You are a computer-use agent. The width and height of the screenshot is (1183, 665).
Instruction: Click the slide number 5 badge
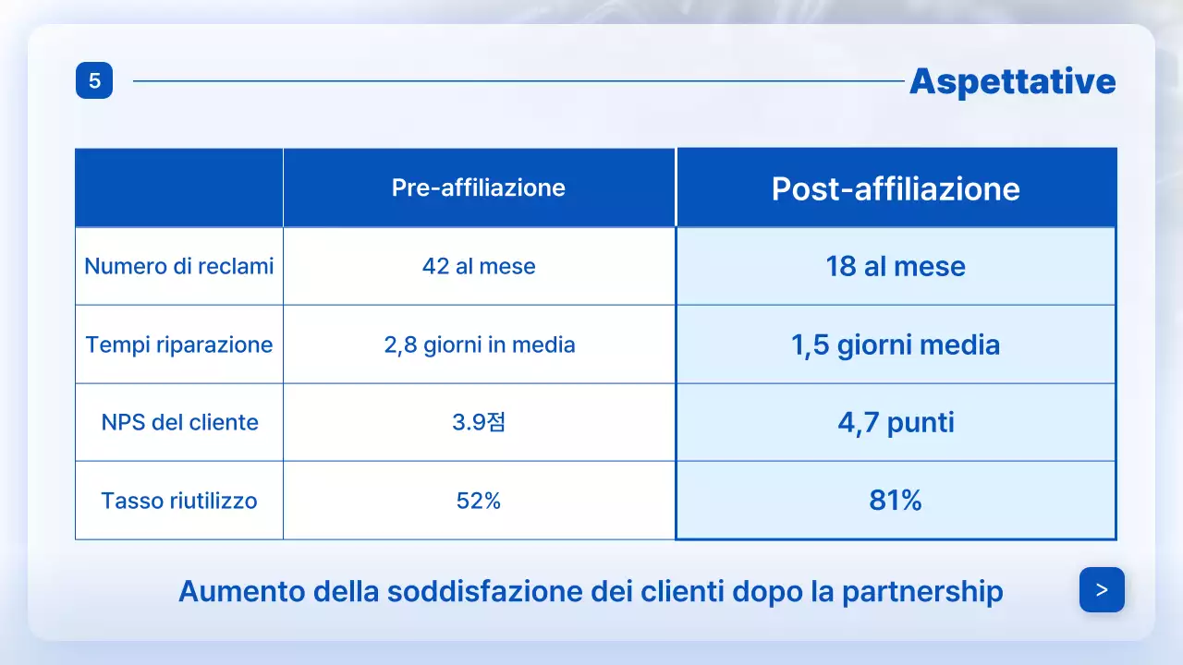pyautogui.click(x=94, y=81)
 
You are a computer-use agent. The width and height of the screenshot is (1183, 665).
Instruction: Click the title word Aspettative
pyautogui.click(x=1012, y=82)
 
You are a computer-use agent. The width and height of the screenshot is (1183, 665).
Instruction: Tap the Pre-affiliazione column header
pyautogui.click(x=478, y=187)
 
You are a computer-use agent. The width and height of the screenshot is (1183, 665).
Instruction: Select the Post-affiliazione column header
pyautogui.click(x=896, y=188)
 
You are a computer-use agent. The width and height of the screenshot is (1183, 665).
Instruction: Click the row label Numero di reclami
pyautogui.click(x=179, y=267)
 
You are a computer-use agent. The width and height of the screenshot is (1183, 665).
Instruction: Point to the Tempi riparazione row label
pyautogui.click(x=179, y=345)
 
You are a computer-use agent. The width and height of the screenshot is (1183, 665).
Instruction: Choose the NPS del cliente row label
pyautogui.click(x=179, y=423)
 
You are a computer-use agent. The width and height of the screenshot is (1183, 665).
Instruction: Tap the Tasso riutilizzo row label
pyautogui.click(x=179, y=502)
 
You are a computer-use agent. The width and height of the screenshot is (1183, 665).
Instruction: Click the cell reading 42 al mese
pyautogui.click(x=479, y=267)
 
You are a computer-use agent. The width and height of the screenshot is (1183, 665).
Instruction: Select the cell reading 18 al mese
pyautogui.click(x=896, y=267)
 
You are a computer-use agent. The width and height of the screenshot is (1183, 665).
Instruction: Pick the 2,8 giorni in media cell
pyautogui.click(x=479, y=345)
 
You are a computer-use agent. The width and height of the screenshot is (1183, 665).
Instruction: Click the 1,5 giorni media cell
pyautogui.click(x=896, y=345)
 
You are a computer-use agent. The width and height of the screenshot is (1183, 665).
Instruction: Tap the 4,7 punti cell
pyautogui.click(x=896, y=423)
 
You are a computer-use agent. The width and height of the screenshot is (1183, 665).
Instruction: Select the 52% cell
pyautogui.click(x=479, y=502)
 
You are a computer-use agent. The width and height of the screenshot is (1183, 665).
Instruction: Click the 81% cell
pyautogui.click(x=896, y=501)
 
